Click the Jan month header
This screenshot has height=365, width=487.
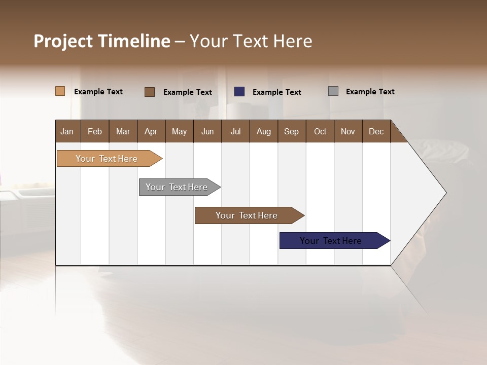(x=67, y=131)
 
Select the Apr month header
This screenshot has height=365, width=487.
(x=151, y=131)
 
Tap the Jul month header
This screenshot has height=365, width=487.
(x=236, y=131)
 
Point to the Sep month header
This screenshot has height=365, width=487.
(x=292, y=131)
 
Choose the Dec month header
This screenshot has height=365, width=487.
(x=376, y=131)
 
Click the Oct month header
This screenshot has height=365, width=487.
(x=320, y=131)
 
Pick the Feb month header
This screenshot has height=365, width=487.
(x=95, y=131)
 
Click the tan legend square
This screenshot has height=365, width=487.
(x=60, y=91)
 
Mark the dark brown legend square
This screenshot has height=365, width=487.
(x=150, y=92)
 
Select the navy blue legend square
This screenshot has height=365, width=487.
(x=239, y=92)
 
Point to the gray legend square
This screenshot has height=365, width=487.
(x=333, y=91)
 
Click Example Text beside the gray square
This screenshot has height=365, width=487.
(x=370, y=92)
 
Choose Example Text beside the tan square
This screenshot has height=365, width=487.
(x=98, y=92)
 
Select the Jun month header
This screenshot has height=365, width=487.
(x=207, y=131)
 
